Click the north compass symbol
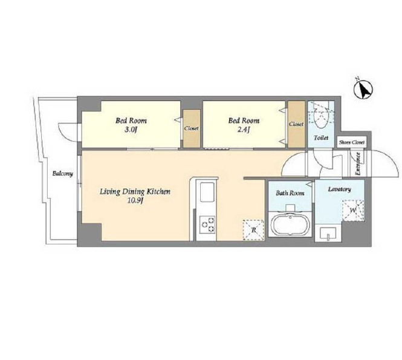pos(363,90)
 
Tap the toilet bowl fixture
pos(320,116)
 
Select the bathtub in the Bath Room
pos(290,225)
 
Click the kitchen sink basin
pos(207,192)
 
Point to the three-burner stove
pos(207,225)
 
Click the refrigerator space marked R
pos(253,230)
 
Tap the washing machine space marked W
pos(353,211)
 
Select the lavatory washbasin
pos(328,234)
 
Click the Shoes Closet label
pos(351,142)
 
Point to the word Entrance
pos(358,164)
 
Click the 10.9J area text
pos(135,200)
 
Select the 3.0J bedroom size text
pos(131,130)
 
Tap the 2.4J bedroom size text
pos(244,130)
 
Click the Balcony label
pos(62,174)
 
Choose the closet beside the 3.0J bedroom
pos(192,128)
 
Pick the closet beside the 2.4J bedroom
pos(296,124)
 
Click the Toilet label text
pos(321,138)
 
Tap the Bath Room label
pos(290,193)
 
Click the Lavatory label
pos(340,189)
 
